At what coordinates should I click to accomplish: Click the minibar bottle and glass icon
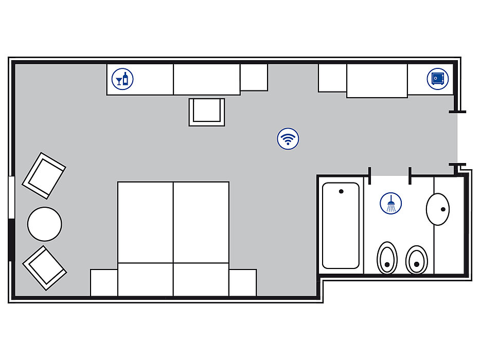pyautogui.click(x=122, y=79)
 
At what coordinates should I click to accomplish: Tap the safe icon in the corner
pyautogui.click(x=437, y=79)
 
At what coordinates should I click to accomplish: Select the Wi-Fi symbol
pyautogui.click(x=288, y=138)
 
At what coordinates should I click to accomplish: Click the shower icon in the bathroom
pyautogui.click(x=391, y=203)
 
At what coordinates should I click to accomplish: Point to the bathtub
pyautogui.click(x=341, y=226)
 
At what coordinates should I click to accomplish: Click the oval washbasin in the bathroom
pyautogui.click(x=438, y=209)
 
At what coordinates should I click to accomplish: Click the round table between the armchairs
pyautogui.click(x=45, y=224)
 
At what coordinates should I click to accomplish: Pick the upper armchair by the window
pyautogui.click(x=44, y=175)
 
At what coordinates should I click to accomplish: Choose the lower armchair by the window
pyautogui.click(x=45, y=267)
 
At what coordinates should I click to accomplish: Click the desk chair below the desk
pyautogui.click(x=207, y=111)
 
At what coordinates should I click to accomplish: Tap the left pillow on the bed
pyautogui.click(x=146, y=279)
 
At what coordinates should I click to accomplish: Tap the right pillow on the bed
pyautogui.click(x=201, y=279)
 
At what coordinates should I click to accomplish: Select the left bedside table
pyautogui.click(x=104, y=282)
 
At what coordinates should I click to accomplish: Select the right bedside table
pyautogui.click(x=243, y=282)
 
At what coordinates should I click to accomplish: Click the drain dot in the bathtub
pyautogui.click(x=341, y=192)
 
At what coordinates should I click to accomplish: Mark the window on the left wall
pyautogui.click(x=11, y=198)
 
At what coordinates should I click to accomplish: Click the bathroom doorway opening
pyautogui.click(x=389, y=176)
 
